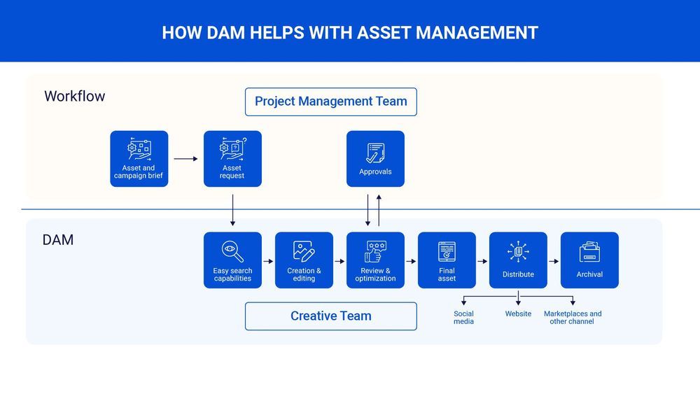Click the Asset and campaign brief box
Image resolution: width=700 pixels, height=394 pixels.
139,159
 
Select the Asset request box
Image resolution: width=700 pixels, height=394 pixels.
232,159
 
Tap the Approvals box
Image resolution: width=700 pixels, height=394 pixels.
375,159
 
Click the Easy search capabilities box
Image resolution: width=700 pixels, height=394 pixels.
232,260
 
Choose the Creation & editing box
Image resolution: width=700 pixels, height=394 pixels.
304,260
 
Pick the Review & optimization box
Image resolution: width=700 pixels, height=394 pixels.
375,260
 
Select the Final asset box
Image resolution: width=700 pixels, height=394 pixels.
447,260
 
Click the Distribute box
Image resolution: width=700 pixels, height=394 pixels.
518,260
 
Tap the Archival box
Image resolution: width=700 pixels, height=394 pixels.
589,260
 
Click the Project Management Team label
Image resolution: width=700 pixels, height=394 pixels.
330,101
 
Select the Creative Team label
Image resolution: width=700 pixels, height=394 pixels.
330,316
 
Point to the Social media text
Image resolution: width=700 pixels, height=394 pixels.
463,318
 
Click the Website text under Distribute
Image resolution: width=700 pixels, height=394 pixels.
518,314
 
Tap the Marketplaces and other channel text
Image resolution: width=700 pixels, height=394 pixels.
573,318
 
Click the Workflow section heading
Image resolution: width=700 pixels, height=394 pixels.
74,97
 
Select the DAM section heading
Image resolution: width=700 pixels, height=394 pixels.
58,240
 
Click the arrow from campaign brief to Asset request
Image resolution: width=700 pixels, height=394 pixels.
185,159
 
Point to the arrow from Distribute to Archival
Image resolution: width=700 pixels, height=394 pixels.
553,261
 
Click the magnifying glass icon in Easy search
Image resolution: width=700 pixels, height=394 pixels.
232,251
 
